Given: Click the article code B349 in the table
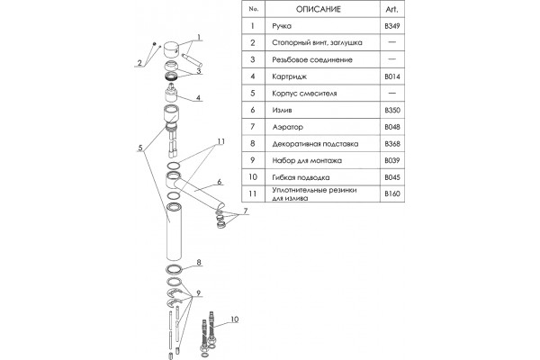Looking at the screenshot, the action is (x=392, y=26).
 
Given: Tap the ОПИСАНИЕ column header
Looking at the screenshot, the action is (x=319, y=9).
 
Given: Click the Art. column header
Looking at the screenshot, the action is (x=391, y=9).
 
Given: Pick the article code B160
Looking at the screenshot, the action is (x=392, y=193).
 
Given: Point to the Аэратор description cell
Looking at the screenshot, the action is (x=288, y=127).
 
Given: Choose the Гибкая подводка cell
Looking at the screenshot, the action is (x=301, y=177).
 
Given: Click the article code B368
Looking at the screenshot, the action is (x=392, y=144).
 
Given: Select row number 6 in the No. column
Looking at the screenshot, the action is (x=253, y=110).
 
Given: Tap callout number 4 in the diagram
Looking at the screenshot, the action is (x=198, y=98).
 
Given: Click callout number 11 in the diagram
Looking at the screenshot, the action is (x=220, y=141).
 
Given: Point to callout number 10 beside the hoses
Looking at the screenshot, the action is (x=234, y=319).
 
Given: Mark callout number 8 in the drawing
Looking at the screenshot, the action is (x=199, y=263).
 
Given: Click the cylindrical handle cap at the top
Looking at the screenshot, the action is (x=170, y=50).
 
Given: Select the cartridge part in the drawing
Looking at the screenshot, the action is (x=171, y=93).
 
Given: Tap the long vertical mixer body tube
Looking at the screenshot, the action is (x=174, y=231).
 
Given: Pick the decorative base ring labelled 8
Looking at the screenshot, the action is (x=174, y=269).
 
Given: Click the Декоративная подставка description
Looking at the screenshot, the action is (x=315, y=144).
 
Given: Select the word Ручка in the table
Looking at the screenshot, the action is (x=282, y=26).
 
